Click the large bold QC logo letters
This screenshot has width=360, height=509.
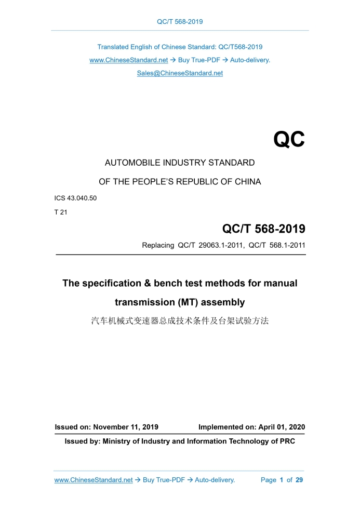(289, 140)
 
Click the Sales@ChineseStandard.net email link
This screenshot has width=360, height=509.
(180, 73)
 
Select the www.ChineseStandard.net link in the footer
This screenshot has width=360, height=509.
(94, 480)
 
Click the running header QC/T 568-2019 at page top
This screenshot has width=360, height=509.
(180, 21)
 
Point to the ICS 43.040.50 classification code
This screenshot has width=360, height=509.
(75, 198)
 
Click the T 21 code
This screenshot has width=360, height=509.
(61, 212)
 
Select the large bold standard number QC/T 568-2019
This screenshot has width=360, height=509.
(263, 229)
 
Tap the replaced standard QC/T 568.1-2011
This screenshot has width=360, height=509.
(277, 245)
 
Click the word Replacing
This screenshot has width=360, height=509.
(158, 245)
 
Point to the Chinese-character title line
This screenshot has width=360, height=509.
(180, 320)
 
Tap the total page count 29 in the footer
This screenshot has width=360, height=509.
(299, 480)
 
